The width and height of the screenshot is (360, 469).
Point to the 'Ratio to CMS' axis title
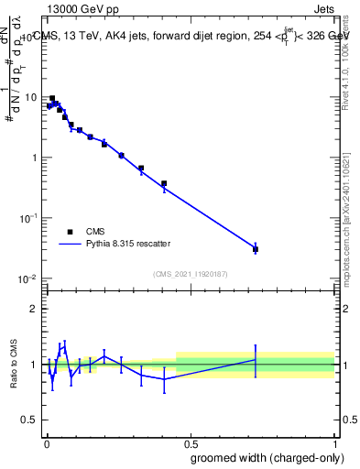point(13,365)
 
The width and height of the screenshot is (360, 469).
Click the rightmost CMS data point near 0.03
point(256,249)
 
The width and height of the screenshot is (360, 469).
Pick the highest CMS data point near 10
point(52,98)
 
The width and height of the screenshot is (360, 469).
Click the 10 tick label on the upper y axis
point(31,97)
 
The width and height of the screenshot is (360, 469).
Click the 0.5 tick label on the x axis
point(191,442)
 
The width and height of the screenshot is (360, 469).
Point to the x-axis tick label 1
point(335,442)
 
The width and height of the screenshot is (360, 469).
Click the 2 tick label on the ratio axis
point(34,309)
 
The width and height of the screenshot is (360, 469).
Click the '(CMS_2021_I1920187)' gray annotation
point(191,273)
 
